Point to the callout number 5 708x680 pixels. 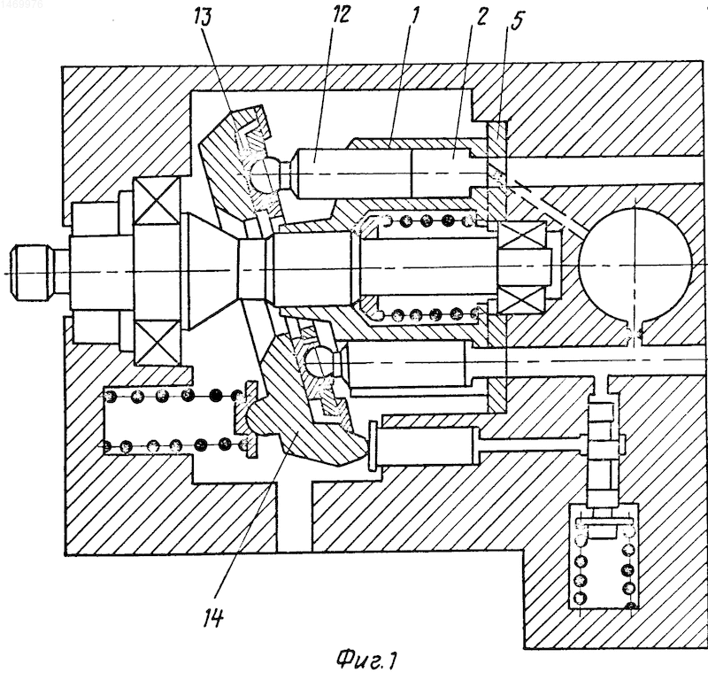(516, 21)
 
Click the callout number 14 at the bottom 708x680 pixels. (213, 616)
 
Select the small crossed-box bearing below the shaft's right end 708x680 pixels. (521, 301)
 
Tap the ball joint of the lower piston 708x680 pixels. (319, 360)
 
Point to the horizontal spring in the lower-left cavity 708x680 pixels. (177, 421)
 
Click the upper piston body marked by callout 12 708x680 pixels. (352, 173)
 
